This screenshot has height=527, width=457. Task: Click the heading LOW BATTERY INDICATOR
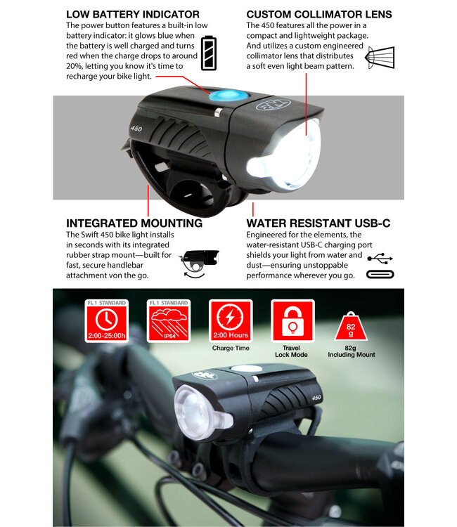click(132, 14)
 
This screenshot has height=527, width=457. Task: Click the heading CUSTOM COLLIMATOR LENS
click(319, 14)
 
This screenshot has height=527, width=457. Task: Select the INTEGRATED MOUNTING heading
click(134, 223)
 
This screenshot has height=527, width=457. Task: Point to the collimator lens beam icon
click(380, 57)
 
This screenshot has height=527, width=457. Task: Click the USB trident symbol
click(380, 259)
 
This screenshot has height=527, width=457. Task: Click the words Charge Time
click(230, 348)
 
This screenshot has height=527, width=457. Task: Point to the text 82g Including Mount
click(352, 351)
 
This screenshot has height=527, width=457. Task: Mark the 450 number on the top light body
click(136, 129)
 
